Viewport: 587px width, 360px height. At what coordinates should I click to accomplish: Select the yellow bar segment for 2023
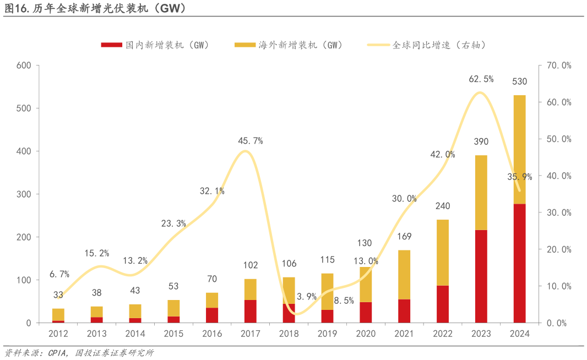click(481, 193)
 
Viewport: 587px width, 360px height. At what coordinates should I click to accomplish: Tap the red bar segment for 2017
click(251, 311)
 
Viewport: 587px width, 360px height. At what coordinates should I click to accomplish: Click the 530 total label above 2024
click(519, 81)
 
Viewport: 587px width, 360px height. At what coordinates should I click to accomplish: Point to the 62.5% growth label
click(481, 79)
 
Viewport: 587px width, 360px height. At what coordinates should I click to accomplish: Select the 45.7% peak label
click(251, 141)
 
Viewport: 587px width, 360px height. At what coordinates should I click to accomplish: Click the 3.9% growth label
click(307, 296)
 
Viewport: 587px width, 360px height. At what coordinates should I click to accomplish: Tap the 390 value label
click(481, 142)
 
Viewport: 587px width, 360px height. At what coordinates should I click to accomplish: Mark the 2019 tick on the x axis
click(327, 334)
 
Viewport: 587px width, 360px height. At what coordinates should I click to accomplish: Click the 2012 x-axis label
click(58, 334)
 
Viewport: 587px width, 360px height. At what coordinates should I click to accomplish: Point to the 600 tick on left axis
click(24, 66)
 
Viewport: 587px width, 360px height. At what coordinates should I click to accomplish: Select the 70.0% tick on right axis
click(559, 66)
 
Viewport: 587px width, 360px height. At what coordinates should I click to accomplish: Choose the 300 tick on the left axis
click(24, 194)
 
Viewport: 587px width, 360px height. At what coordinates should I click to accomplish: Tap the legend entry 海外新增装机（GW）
click(301, 45)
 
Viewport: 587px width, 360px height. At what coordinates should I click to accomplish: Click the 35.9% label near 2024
click(520, 177)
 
